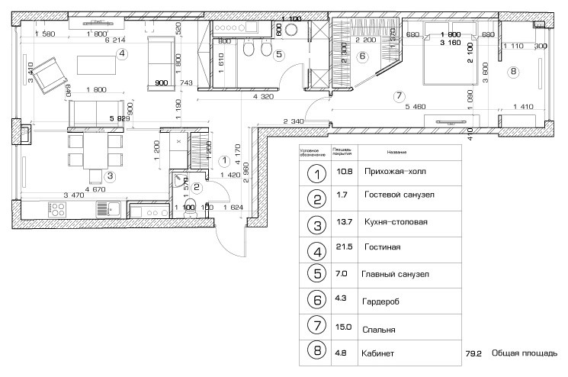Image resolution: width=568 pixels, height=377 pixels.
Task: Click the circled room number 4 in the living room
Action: tap(122, 53)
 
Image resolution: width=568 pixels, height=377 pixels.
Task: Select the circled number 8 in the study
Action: tap(513, 72)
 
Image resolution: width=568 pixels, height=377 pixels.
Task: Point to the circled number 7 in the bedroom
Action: tap(398, 96)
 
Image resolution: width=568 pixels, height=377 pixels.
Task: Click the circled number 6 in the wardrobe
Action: tap(362, 56)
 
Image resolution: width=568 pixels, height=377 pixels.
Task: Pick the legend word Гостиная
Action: tap(383, 248)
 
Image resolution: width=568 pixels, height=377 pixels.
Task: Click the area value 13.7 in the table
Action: tap(339, 222)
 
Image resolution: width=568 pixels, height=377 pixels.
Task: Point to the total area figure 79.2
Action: tap(473, 354)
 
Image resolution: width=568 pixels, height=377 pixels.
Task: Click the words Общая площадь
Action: tap(524, 353)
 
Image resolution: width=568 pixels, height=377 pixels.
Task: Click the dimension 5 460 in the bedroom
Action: tap(419, 105)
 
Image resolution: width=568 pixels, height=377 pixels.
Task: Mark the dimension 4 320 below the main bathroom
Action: tap(263, 97)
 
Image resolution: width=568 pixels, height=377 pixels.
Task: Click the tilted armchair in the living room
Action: tap(50, 72)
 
